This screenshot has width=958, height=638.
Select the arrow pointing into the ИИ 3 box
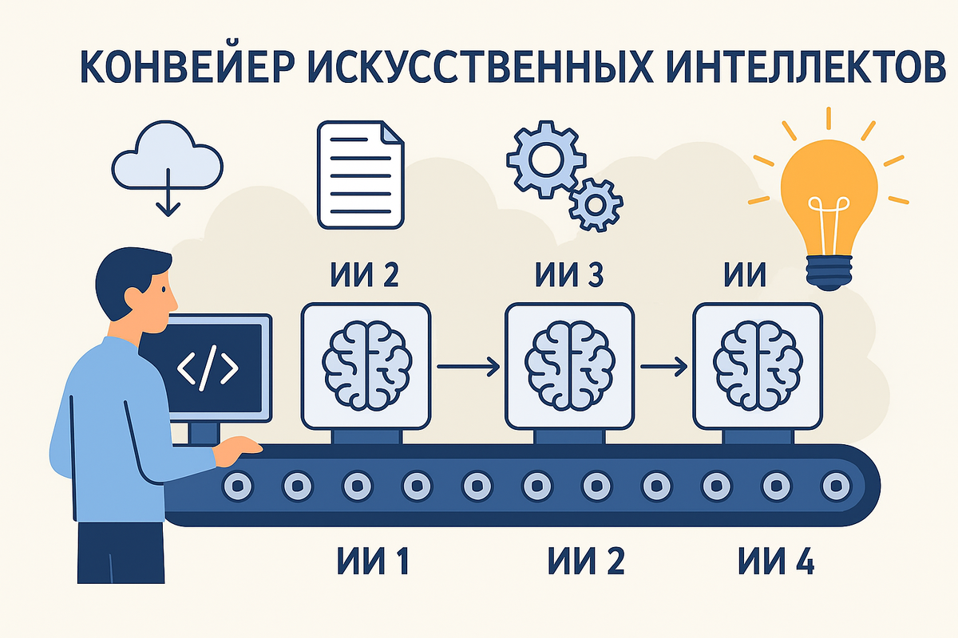coord(468,367)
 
